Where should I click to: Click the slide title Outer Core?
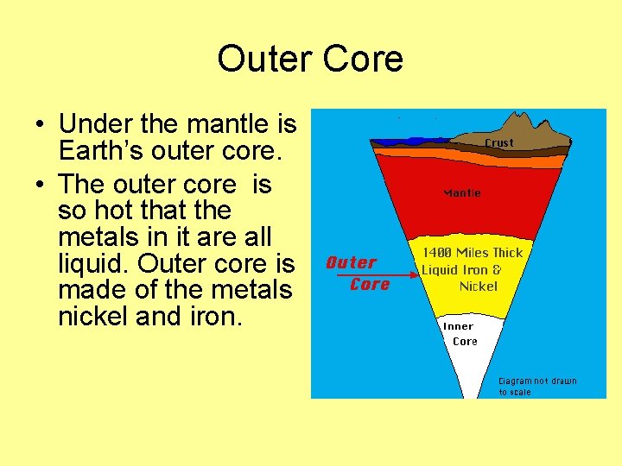click(310, 59)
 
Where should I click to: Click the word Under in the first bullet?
click(98, 125)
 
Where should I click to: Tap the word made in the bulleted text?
click(86, 289)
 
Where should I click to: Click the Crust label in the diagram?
click(498, 142)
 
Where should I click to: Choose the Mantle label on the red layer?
click(462, 192)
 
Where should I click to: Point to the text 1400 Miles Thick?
click(472, 253)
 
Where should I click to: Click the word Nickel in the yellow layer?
click(478, 286)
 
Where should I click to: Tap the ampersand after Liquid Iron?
click(496, 269)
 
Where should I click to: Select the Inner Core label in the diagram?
click(460, 334)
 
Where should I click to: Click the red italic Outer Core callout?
click(356, 273)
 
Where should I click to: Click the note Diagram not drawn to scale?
click(537, 386)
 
